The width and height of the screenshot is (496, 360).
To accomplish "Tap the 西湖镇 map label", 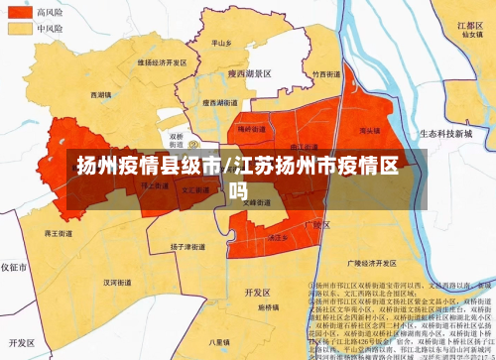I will point(102,95).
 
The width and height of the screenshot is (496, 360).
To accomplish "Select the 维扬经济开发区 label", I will point(161,61).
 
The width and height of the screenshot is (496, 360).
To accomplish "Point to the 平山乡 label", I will point(222,44).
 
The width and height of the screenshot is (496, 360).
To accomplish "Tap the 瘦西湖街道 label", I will point(219,101).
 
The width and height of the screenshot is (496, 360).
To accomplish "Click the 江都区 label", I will point(470,23).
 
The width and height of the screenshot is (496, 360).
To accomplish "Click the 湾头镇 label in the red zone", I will point(370,130).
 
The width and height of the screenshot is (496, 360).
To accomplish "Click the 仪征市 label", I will point(14,268).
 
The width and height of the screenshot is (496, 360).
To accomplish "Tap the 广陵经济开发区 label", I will point(366,264).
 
